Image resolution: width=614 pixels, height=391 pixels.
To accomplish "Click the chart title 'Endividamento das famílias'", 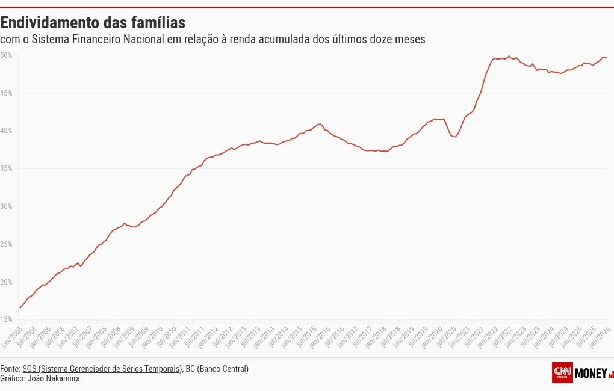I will (93, 23).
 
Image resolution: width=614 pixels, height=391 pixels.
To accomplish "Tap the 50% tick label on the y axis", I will (6, 55).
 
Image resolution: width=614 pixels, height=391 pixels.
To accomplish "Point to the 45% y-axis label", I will (6, 93).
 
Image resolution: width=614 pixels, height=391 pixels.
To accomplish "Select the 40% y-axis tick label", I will (6, 131).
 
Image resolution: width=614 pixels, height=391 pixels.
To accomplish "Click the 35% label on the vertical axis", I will (6, 168).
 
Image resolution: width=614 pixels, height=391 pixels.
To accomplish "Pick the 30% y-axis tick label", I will (6, 206).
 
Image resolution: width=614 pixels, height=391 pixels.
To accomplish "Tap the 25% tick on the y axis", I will (6, 244).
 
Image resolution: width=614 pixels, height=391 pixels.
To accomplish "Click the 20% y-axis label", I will (6, 282).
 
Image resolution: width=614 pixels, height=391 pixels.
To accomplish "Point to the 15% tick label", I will (6, 319).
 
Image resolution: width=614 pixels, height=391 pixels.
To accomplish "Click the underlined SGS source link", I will (102, 369).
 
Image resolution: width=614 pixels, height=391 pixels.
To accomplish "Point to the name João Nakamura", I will (54, 378).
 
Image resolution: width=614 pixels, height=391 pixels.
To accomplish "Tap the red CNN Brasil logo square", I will (562, 372).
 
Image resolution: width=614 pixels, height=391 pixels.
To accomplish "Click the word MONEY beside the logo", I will (591, 373).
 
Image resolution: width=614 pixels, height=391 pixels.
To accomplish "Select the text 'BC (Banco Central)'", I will (217, 369).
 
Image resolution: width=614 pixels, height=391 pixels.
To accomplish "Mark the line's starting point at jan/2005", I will (20, 308).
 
